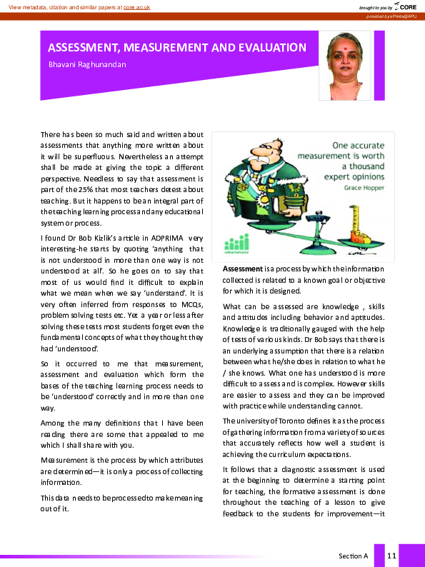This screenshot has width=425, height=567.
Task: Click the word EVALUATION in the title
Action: (269, 48)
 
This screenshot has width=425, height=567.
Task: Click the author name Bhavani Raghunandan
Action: (89, 65)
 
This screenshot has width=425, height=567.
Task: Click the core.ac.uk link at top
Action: (139, 6)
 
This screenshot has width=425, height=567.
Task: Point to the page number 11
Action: (391, 555)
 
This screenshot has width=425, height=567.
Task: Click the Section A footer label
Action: (353, 555)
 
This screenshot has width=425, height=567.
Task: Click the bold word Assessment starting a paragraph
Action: (244, 269)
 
